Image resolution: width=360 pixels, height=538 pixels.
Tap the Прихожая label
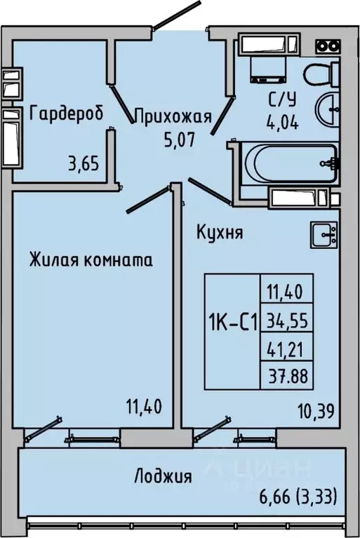click(x=173, y=117)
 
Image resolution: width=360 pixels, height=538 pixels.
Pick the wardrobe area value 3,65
click(x=83, y=167)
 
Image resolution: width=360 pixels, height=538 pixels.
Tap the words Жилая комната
click(x=91, y=260)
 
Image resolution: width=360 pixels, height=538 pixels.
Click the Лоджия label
click(x=163, y=478)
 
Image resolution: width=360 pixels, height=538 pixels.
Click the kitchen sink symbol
click(x=324, y=234)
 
